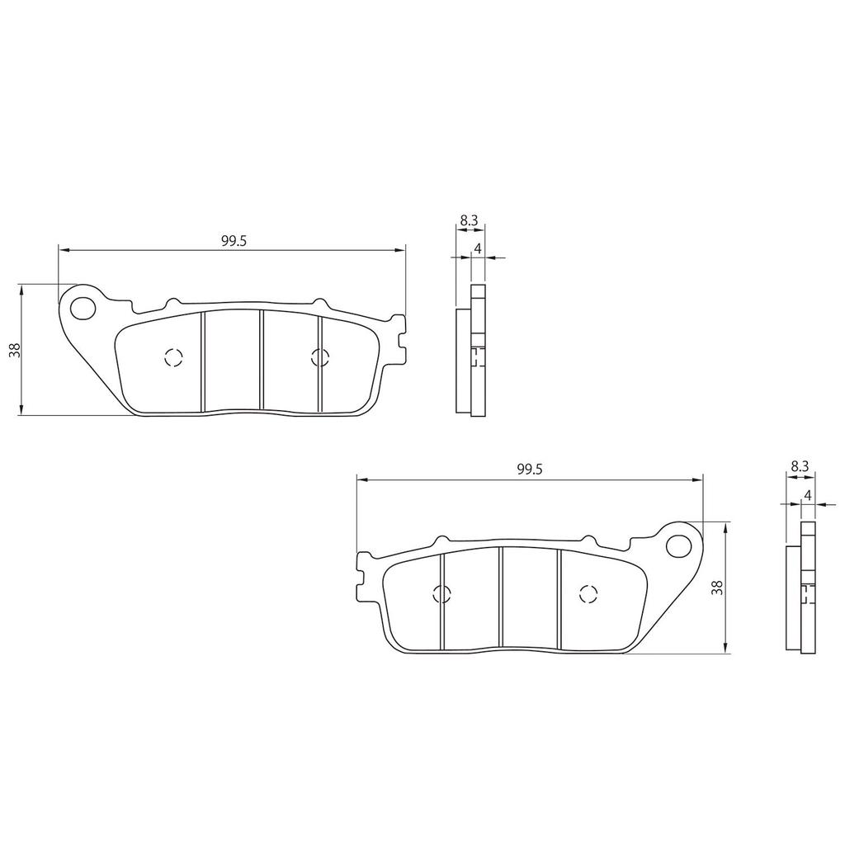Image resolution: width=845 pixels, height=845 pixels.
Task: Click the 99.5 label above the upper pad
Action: pyautogui.click(x=234, y=240)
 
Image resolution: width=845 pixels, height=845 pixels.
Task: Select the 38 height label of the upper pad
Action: pyautogui.click(x=14, y=349)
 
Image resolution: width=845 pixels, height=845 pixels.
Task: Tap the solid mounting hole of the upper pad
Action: pyautogui.click(x=82, y=308)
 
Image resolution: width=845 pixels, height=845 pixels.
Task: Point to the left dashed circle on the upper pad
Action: pyautogui.click(x=172, y=357)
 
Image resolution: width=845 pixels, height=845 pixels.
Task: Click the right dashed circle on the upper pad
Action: pyautogui.click(x=319, y=357)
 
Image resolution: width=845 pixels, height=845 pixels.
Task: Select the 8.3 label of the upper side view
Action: pyautogui.click(x=469, y=220)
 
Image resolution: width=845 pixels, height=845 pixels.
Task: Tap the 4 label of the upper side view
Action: pyautogui.click(x=478, y=248)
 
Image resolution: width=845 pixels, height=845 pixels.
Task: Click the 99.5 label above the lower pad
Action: pyautogui.click(x=529, y=469)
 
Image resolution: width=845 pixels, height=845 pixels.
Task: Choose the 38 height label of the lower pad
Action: pyautogui.click(x=717, y=588)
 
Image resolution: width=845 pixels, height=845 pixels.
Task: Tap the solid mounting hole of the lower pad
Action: pyautogui.click(x=680, y=545)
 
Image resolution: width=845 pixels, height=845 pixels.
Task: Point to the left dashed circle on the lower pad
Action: pyautogui.click(x=441, y=593)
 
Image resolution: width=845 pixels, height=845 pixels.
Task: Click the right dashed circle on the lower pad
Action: pyautogui.click(x=588, y=593)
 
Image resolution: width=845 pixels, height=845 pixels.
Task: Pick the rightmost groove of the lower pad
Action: pyautogui.click(x=559, y=597)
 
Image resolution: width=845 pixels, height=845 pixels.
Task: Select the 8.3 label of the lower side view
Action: pyautogui.click(x=799, y=466)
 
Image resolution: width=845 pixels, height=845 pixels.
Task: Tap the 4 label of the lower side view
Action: pyautogui.click(x=808, y=494)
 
